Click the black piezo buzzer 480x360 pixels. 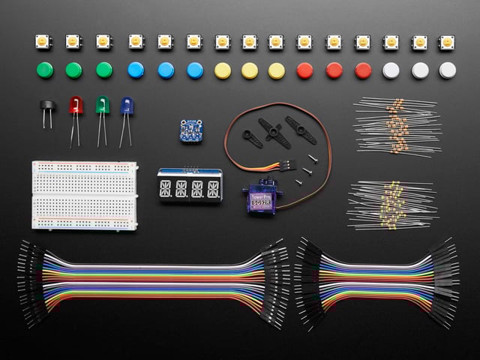pyautogui.click(x=46, y=106)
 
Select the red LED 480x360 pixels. pyautogui.click(x=76, y=106)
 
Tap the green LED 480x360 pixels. pyautogui.click(x=101, y=105)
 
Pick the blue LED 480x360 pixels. pyautogui.click(x=126, y=106)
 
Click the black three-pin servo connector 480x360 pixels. pyautogui.click(x=289, y=161)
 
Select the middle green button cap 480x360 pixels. pyautogui.click(x=73, y=70)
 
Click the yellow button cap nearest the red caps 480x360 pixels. pyautogui.click(x=276, y=70)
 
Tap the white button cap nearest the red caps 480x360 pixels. pyautogui.click(x=391, y=70)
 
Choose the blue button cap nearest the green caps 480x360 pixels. pyautogui.click(x=136, y=70)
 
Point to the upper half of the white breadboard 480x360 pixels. pyautogui.click(x=84, y=176)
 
